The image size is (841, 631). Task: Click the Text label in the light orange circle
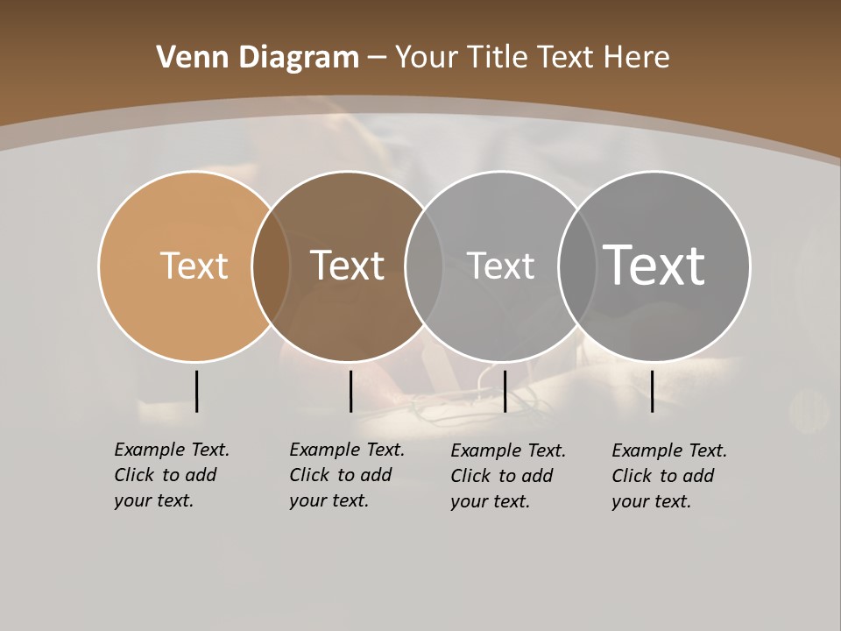[x=194, y=266]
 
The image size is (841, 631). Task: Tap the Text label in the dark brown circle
[x=347, y=266]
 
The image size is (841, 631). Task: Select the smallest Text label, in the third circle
[x=500, y=266]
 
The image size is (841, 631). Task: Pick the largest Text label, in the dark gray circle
[x=654, y=265]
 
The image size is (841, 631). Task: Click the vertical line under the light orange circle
[x=196, y=391]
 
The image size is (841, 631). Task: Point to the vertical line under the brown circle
[x=350, y=391]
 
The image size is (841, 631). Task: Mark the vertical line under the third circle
[x=505, y=391]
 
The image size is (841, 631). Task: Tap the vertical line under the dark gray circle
[x=652, y=391]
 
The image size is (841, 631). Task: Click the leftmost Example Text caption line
[x=172, y=450]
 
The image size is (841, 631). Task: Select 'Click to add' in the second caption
[x=340, y=475]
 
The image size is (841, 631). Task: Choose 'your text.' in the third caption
[x=491, y=501]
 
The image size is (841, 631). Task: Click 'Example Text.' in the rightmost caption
[x=669, y=450]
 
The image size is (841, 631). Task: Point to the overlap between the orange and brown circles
[x=271, y=266]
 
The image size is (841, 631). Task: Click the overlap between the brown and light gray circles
[x=424, y=266]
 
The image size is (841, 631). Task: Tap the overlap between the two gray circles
[x=577, y=266]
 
